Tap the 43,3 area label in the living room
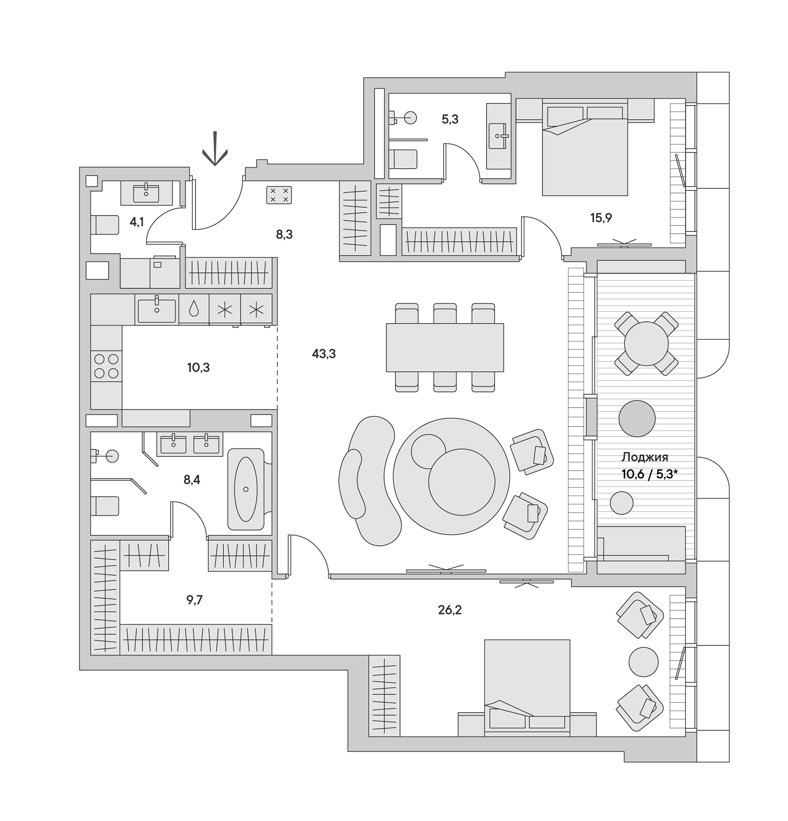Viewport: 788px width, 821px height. point(324,354)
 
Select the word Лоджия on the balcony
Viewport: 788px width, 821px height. point(644,457)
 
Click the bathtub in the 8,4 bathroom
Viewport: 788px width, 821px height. point(246,489)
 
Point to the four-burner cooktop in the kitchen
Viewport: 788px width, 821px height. point(106,366)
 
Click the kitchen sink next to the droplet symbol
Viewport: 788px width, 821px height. point(156,310)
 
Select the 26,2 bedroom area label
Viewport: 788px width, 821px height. point(450,610)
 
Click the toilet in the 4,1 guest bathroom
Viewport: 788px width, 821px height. point(105,225)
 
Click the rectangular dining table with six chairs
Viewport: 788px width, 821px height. point(444,347)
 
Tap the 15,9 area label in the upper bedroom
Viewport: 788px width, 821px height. point(601,218)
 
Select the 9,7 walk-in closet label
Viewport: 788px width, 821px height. point(194,600)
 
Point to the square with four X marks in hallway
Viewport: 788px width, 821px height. point(279,195)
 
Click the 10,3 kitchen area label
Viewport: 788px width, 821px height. point(198,368)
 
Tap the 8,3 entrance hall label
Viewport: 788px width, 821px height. point(284,235)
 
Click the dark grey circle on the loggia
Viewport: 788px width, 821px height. point(637,419)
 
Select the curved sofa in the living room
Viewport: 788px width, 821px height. point(370,481)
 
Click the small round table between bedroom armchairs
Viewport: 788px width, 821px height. point(643,662)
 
